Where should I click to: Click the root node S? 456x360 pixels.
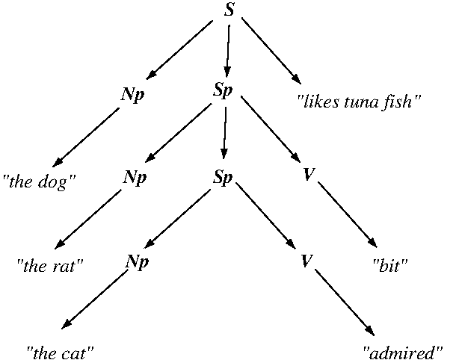230,10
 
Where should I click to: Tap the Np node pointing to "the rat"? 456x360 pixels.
135,178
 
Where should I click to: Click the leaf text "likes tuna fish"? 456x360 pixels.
355,101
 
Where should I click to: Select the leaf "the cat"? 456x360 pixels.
61,349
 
